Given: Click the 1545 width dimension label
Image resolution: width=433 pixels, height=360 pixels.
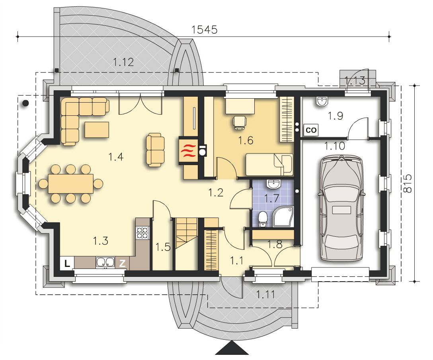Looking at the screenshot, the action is (204, 29).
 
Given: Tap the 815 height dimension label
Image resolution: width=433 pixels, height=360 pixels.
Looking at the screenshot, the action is (408, 184).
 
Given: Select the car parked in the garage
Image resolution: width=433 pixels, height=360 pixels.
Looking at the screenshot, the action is (341, 208).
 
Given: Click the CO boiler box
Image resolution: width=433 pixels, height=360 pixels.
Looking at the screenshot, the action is (311, 130).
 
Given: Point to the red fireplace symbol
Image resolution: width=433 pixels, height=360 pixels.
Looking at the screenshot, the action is (188, 151).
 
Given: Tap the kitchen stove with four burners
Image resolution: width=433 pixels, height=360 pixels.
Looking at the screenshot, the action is (142, 232).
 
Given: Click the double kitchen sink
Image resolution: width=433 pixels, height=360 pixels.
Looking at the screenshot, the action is (105, 262).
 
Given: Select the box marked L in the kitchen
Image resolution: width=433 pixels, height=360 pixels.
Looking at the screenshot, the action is (67, 264).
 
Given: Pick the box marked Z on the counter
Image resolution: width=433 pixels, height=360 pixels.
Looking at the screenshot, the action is (122, 264).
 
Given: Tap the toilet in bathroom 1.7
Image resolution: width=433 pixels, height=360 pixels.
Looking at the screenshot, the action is (262, 219).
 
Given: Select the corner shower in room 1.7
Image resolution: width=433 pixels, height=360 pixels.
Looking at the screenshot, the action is (283, 217).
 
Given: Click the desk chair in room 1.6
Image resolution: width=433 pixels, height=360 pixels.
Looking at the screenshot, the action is (240, 122).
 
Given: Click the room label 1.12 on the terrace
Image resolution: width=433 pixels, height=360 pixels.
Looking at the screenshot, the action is (123, 62).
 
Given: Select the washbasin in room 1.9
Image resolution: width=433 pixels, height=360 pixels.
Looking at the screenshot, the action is (321, 101).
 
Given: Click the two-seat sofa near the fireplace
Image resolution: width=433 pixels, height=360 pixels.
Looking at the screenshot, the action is (155, 150).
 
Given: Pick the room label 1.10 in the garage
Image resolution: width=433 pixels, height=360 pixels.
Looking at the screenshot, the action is (335, 146).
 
